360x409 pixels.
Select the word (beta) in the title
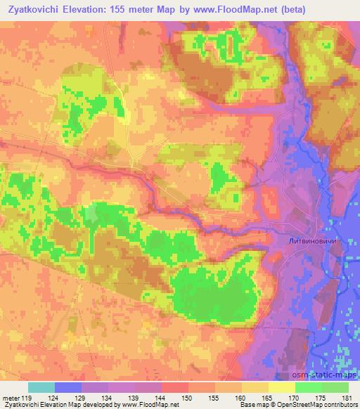click(339, 9)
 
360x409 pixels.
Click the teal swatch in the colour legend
click(41, 387)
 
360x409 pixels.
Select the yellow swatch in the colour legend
click(282, 387)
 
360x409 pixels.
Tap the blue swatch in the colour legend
click(68, 387)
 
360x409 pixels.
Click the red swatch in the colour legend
click(175, 387)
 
